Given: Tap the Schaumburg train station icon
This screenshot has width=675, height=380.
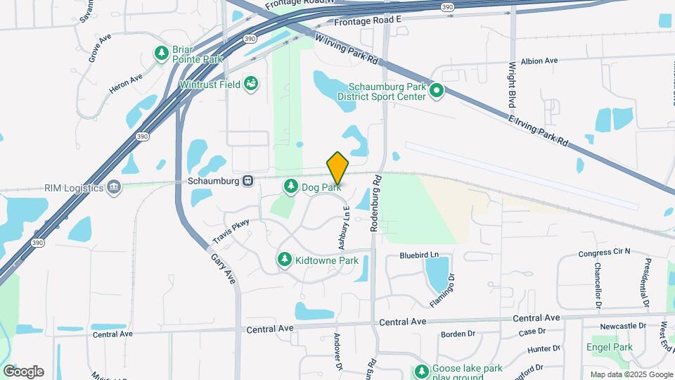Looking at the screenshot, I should tap(247, 181).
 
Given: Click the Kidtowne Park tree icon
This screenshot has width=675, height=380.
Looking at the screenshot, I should tap(285, 260).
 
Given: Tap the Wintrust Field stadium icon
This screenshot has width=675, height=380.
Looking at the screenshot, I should tap(250, 84).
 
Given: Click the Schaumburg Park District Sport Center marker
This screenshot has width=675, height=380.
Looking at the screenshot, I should tap(436, 90).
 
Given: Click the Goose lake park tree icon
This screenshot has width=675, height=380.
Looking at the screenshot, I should tap(421, 371).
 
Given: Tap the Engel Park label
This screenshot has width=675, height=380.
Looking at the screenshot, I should tap(609, 347).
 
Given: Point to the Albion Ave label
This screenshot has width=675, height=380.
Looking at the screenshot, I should tap(539, 61).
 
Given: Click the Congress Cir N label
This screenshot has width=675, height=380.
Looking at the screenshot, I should tap(604, 253).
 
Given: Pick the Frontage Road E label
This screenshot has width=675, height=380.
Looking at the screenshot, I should tap(367, 22).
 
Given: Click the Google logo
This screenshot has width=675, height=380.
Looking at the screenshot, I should tap(23, 372).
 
